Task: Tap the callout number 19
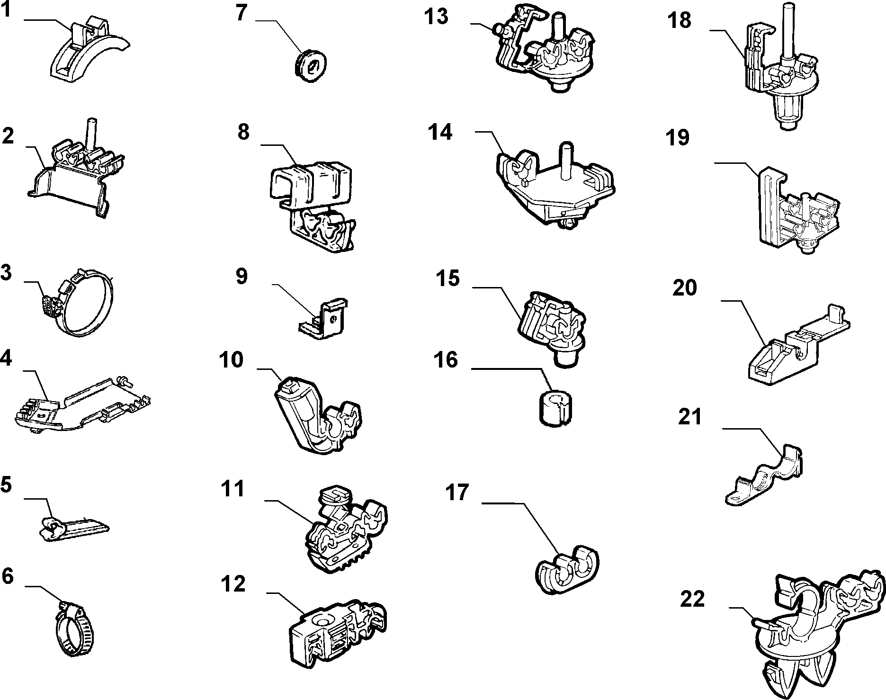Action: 679,137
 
